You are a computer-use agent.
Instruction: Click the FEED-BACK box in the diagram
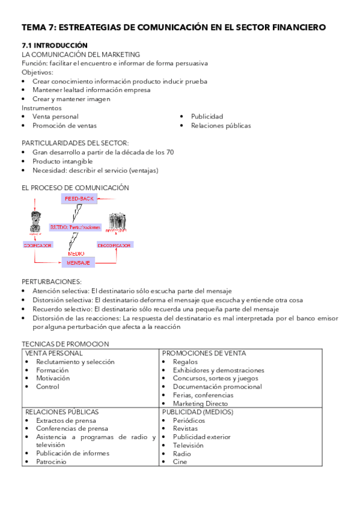pyautogui.click(x=79, y=198)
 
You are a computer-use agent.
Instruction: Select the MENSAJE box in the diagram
pyautogui.click(x=79, y=263)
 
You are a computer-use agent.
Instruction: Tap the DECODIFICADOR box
pyautogui.click(x=115, y=245)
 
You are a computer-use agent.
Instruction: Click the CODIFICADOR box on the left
pyautogui.click(x=37, y=245)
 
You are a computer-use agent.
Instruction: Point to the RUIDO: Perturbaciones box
pyautogui.click(x=75, y=228)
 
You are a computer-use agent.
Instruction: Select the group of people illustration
pyautogui.click(x=117, y=221)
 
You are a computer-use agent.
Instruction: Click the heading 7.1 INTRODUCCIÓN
pyautogui.click(x=55, y=46)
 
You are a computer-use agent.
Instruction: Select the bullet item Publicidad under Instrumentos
pyautogui.click(x=207, y=117)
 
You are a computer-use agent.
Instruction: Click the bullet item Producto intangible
pyautogui.click(x=63, y=162)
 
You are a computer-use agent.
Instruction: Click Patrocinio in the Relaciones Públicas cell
pyautogui.click(x=51, y=462)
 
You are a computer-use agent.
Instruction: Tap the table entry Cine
pyautogui.click(x=180, y=462)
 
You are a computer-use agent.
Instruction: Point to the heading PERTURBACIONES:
pyautogui.click(x=52, y=281)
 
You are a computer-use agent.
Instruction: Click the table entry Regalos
pyautogui.click(x=185, y=362)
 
